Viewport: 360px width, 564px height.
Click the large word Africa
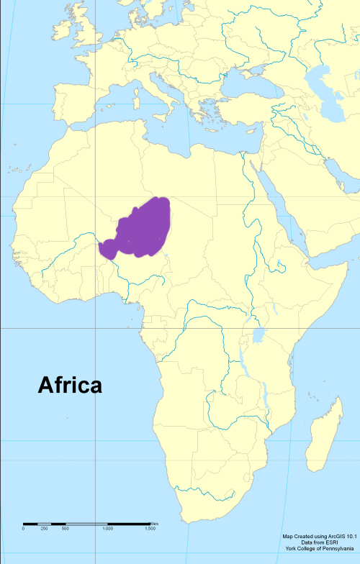point(70,386)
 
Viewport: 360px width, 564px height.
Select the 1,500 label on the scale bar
point(150,529)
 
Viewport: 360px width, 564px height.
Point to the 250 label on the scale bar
point(44,529)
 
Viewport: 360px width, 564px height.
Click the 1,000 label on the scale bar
point(107,529)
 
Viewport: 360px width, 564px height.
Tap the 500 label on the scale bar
point(65,529)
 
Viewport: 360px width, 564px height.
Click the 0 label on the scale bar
point(23,529)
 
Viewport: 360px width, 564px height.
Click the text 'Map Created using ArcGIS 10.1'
point(320,536)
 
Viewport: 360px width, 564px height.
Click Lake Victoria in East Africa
point(258,335)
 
